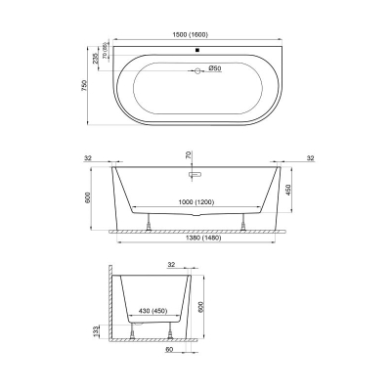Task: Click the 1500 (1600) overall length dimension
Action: [x=191, y=35]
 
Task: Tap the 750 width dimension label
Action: [x=85, y=85]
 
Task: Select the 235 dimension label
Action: [x=95, y=59]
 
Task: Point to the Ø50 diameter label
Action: [x=215, y=68]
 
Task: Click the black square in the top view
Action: [x=196, y=50]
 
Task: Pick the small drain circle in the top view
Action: [x=197, y=70]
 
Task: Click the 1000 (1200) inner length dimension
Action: [x=196, y=202]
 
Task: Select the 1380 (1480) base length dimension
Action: [x=203, y=238]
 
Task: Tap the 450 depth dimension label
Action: [x=287, y=191]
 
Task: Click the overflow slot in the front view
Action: [x=195, y=174]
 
